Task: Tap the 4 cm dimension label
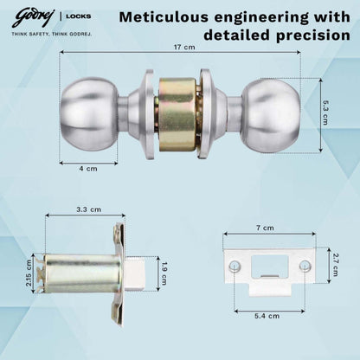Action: pyautogui.click(x=87, y=169)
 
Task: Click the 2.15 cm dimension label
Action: pyautogui.click(x=29, y=273)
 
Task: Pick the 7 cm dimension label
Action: pyautogui.click(x=269, y=227)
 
